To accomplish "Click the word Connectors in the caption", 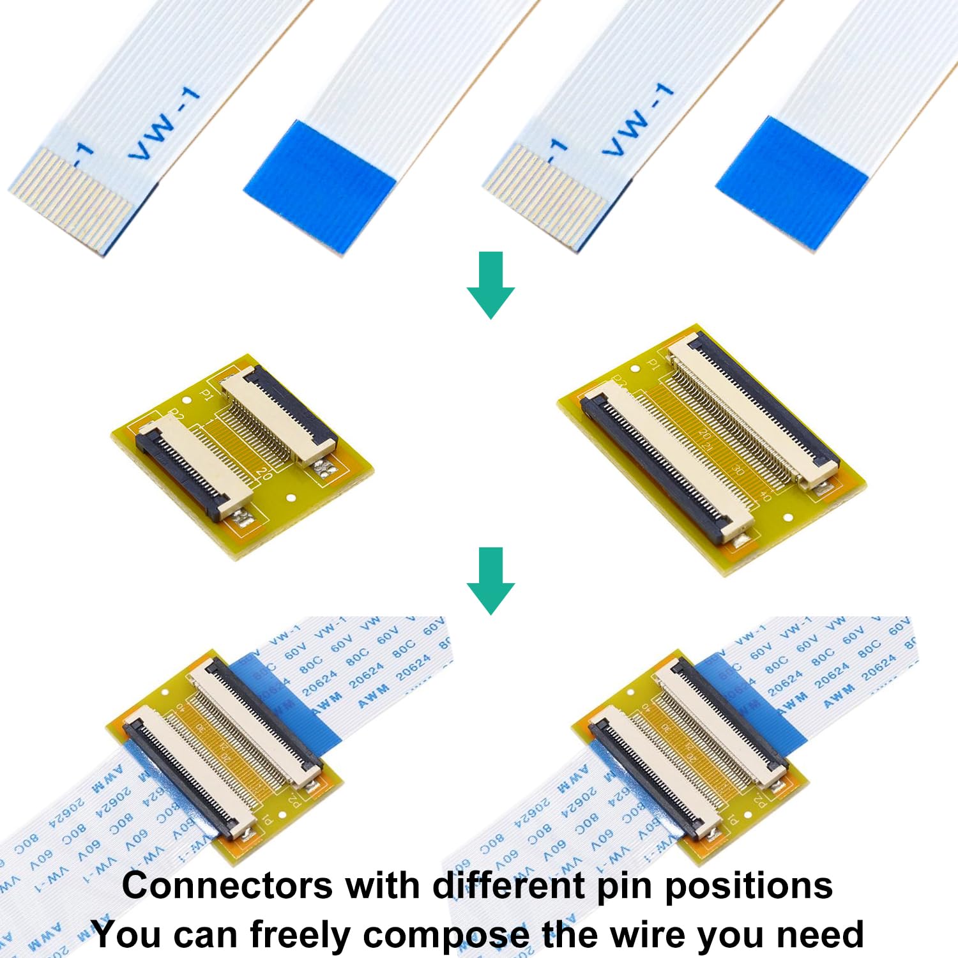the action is coord(226,886).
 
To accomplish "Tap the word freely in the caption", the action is coord(300,935).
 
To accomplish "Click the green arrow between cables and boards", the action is coord(490,285).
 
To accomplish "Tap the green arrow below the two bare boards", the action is coord(490,581).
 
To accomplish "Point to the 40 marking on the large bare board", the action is coord(765,496).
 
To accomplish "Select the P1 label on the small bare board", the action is coord(206,395).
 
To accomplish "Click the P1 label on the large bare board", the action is coord(653,365).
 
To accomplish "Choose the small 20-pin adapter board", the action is coord(243,457).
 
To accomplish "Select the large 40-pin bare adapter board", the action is coord(712,450).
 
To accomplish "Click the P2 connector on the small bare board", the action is coord(192,466).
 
